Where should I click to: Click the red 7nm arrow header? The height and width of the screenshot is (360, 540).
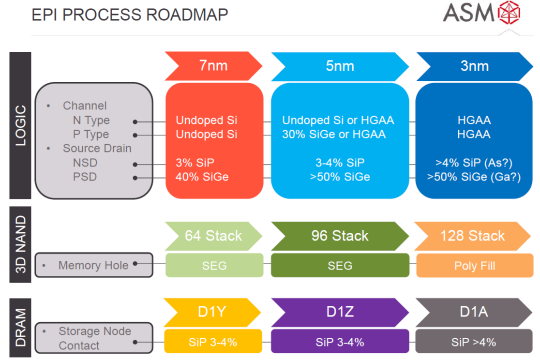click(x=213, y=66)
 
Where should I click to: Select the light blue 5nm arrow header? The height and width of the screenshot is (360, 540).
click(x=340, y=66)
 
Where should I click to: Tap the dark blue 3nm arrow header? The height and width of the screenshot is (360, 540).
click(x=475, y=66)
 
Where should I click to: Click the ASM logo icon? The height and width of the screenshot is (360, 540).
click(x=510, y=13)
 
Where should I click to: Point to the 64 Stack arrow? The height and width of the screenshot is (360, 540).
click(x=213, y=236)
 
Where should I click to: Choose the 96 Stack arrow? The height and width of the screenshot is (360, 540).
click(x=340, y=236)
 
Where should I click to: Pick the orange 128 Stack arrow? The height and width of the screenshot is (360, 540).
click(x=472, y=236)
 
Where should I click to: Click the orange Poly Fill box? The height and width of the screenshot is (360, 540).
click(x=475, y=265)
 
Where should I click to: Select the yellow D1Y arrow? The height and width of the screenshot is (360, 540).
click(x=212, y=312)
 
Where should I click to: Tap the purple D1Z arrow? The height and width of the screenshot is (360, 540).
click(x=340, y=312)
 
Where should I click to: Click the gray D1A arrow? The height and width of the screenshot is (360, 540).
click(x=474, y=312)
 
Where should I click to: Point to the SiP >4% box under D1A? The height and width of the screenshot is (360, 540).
click(x=474, y=342)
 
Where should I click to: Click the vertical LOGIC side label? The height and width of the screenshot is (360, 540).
click(x=20, y=125)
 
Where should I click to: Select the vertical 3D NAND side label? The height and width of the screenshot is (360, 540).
click(x=20, y=244)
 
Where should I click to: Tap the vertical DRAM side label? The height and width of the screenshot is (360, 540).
click(x=20, y=327)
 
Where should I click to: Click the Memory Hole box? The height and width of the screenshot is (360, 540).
click(x=94, y=265)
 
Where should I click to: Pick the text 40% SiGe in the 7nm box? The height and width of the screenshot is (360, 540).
click(x=202, y=177)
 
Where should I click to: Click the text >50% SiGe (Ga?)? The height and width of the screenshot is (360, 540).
click(x=474, y=177)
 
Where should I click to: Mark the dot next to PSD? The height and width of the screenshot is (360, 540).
click(x=135, y=178)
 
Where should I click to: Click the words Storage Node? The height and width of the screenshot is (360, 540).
click(x=95, y=331)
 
